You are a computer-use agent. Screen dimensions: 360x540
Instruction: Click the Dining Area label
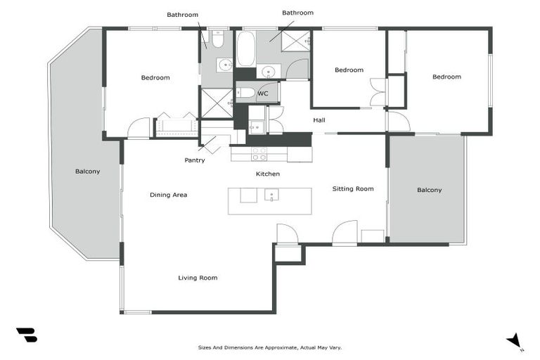pyautogui.click(x=168, y=195)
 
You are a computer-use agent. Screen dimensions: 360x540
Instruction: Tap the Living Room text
pyautogui.click(x=198, y=278)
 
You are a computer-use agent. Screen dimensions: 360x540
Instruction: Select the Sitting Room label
pyautogui.click(x=353, y=188)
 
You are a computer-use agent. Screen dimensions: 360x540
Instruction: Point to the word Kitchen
pyautogui.click(x=267, y=174)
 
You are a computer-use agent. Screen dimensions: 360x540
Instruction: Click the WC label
pyautogui.click(x=262, y=94)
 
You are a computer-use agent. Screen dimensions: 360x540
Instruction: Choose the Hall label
pyautogui.click(x=319, y=120)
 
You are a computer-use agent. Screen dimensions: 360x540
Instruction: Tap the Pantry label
pyautogui.click(x=195, y=160)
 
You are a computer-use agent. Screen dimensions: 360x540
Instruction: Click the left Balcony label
pyautogui.click(x=88, y=172)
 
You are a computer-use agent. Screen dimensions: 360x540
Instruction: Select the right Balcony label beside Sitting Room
pyautogui.click(x=429, y=190)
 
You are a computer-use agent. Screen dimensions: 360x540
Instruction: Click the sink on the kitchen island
pyautogui.click(x=271, y=195)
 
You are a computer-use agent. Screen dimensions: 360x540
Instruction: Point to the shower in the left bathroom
pyautogui.click(x=217, y=103)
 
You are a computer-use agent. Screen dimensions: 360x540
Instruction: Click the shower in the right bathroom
pyautogui.click(x=296, y=41)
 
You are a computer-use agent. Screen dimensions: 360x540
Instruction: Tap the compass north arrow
pyautogui.click(x=515, y=340)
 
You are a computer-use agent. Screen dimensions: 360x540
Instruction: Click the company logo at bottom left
pyautogui.click(x=26, y=335)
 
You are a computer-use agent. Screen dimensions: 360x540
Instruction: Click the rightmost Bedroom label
pyautogui.click(x=446, y=77)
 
